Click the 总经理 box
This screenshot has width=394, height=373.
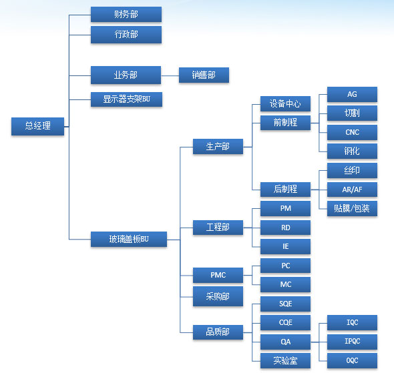pos(37,126)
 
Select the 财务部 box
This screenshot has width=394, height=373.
pos(126,14)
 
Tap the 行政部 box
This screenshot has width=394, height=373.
pos(126,35)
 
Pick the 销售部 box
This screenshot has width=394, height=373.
pos(204,75)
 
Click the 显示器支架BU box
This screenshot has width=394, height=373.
pos(126,99)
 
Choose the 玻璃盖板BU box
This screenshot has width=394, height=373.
pos(129,239)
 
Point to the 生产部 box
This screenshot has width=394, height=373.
pos(218,146)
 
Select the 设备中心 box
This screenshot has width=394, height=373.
pos(285,103)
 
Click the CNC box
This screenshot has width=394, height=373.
pos(352,132)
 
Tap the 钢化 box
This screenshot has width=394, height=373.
pos(352,151)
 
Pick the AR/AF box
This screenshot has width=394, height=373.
pos(352,190)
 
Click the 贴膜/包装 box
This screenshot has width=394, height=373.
pos(352,208)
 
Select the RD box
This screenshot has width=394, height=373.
pos(285,228)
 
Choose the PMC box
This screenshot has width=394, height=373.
pos(218,275)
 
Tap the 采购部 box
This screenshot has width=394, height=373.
pos(218,296)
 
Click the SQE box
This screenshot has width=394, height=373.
pos(285,304)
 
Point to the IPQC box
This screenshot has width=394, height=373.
pos(352,342)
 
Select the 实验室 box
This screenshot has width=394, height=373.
pos(285,361)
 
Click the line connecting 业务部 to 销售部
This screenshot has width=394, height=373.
pos(170,75)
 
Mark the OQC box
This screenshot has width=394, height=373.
pos(352,361)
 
